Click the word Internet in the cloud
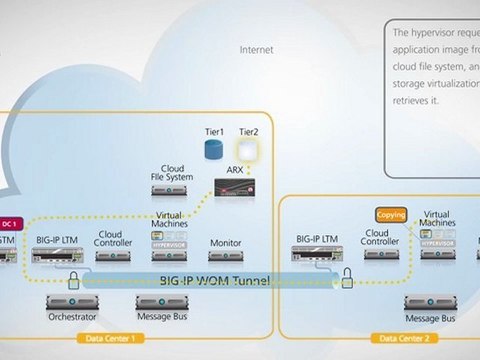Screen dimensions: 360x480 257,49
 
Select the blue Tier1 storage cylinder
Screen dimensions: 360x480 211,149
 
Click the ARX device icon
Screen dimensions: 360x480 237,185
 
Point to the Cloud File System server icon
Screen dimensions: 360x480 171,189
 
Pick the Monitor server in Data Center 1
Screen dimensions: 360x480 225,256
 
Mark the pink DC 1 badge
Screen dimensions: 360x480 11,223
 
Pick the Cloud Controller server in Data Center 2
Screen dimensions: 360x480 381,256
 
